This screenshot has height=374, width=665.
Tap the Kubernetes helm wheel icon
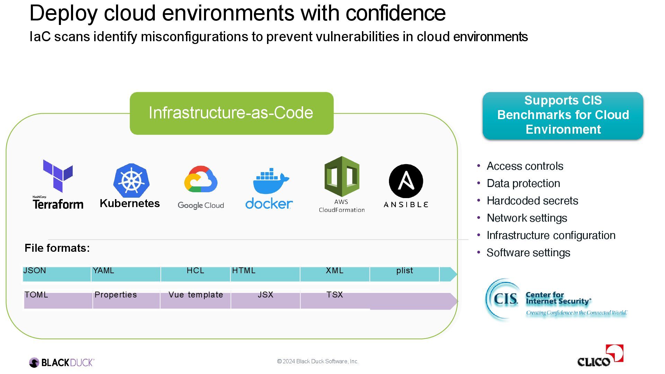131,180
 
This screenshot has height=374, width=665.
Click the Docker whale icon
271,181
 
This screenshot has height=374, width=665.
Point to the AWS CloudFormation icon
342,176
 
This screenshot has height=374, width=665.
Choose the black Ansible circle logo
406,181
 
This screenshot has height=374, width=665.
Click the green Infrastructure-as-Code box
231,113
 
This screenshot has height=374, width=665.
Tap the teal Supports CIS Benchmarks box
563,115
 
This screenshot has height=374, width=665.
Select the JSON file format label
35,270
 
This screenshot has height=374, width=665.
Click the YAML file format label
104,270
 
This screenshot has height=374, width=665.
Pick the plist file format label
405,270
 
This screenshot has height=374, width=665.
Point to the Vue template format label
196,295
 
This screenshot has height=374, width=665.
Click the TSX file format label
335,295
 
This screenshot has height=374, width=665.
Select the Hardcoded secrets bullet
532,201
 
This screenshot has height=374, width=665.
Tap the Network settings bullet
527,218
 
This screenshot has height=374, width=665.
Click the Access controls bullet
525,166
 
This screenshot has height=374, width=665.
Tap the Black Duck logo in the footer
62,362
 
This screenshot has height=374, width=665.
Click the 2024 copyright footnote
318,362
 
